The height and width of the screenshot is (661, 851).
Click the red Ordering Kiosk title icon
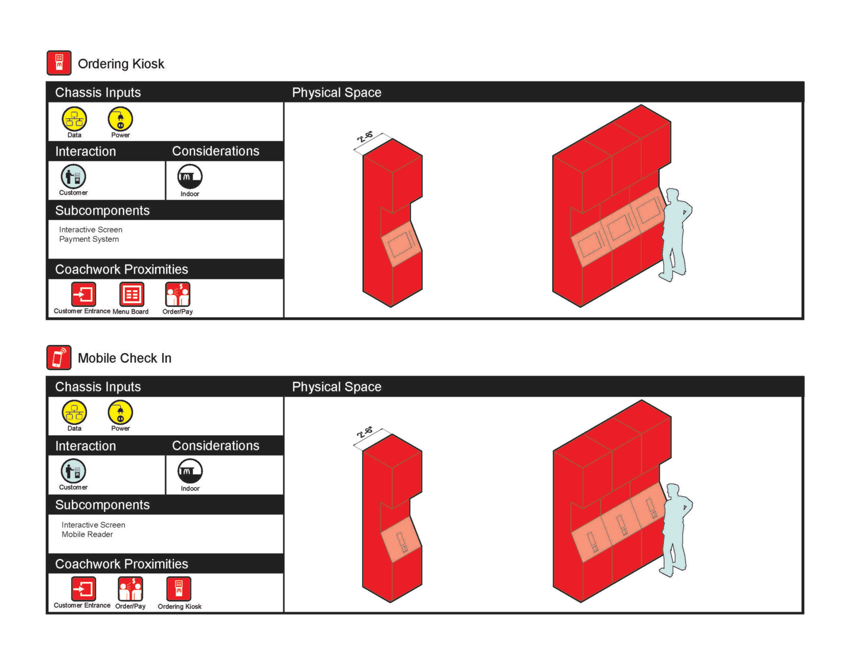(59, 63)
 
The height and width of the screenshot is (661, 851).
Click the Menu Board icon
(131, 294)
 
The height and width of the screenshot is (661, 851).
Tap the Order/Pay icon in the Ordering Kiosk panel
(178, 294)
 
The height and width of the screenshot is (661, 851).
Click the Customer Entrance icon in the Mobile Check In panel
(83, 589)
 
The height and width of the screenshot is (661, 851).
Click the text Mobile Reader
(87, 534)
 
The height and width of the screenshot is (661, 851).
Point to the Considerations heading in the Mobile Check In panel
(215, 445)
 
